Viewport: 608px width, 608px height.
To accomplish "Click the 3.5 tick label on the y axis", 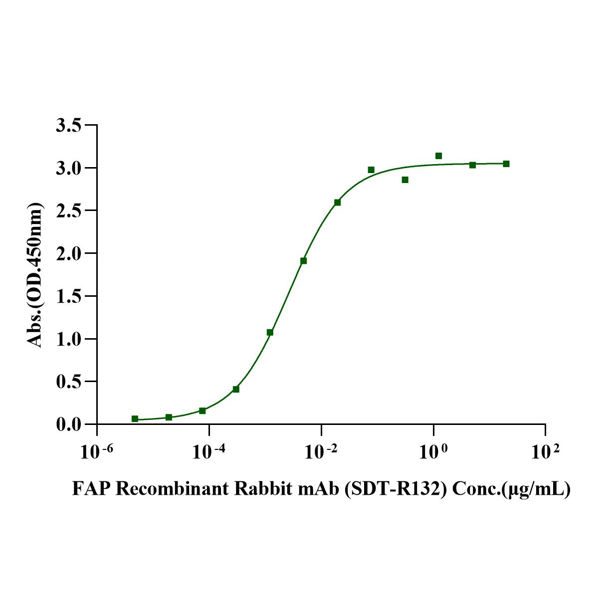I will click(x=69, y=125).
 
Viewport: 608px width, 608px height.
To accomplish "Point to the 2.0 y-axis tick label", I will click(x=69, y=253).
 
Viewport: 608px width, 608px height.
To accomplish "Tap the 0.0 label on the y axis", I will click(x=69, y=425).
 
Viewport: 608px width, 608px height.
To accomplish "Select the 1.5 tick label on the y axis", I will click(x=69, y=296).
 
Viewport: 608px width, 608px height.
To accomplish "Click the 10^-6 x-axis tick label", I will click(x=97, y=452).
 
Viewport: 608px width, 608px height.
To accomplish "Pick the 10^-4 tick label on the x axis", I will click(x=209, y=452).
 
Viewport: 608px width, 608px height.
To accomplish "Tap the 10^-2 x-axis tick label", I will click(x=321, y=452).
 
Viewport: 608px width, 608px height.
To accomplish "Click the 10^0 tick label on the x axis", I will click(x=433, y=452).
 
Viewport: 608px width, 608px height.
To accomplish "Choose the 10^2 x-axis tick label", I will click(x=546, y=452).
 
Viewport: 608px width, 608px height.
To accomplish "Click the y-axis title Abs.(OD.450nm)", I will click(x=34, y=275).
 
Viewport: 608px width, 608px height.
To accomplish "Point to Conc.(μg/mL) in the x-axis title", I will click(x=511, y=489).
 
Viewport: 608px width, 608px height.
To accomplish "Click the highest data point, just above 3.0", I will click(x=438, y=156).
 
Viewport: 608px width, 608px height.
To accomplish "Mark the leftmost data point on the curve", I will click(x=135, y=419).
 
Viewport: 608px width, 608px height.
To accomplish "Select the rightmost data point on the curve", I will click(x=506, y=164).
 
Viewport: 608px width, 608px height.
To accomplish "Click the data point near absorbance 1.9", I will click(x=303, y=261).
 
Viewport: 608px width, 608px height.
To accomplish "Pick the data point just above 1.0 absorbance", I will click(x=270, y=332).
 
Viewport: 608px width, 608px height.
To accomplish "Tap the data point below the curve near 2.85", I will click(x=405, y=180).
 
